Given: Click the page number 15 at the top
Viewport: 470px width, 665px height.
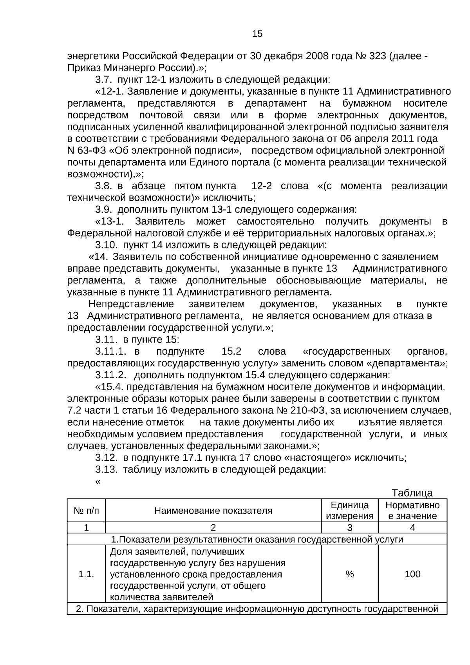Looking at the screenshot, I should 257,34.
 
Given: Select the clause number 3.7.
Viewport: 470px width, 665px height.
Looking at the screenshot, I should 104,80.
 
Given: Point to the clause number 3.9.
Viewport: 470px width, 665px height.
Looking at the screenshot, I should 104,209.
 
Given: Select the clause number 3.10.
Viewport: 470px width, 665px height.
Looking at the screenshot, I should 106,245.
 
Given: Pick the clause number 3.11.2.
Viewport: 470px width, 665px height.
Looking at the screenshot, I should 111,375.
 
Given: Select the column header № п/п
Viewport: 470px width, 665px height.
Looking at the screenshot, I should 87,511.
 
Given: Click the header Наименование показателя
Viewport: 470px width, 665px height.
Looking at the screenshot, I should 213,511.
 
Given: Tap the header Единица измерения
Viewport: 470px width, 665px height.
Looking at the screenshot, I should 349,511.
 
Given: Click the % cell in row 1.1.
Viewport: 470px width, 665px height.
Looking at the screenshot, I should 349,574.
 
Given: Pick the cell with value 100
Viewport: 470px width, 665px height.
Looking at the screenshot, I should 412,574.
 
